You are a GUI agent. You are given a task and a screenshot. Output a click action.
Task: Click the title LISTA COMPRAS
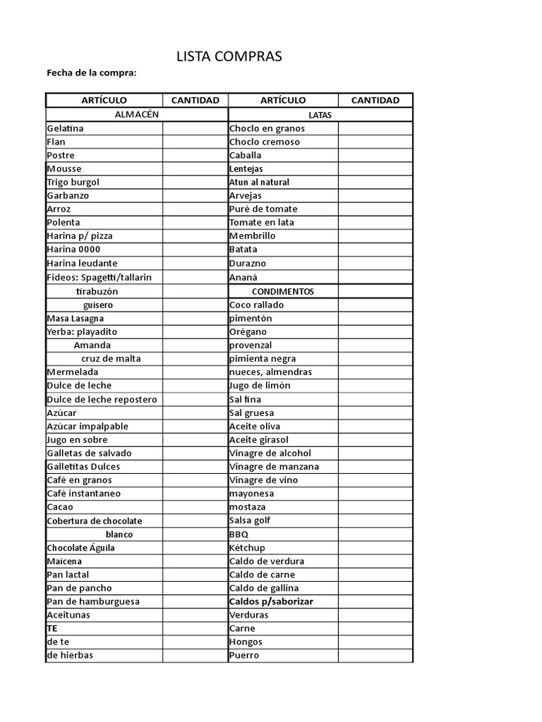coord(229,57)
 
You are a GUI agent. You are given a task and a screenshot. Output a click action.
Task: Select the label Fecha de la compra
coord(91,73)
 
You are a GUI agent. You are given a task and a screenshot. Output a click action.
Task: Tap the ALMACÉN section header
coord(137,114)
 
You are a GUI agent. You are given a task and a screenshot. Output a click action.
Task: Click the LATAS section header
coord(320,115)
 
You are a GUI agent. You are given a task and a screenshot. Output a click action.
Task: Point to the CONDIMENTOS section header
coord(283,291)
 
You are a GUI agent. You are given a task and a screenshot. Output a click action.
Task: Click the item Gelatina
coord(65,128)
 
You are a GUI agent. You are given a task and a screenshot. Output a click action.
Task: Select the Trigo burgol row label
coord(73,182)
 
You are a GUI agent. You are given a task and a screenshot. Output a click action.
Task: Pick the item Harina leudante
coord(82,263)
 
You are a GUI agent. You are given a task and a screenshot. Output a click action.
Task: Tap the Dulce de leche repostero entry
coord(102,399)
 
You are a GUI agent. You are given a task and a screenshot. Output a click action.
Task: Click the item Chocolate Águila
coord(80,548)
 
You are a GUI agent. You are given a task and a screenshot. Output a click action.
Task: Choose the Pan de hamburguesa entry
coord(93,601)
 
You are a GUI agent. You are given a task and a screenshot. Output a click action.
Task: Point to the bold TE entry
coord(52,628)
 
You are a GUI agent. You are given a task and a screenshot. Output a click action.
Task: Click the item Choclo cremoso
coord(265,142)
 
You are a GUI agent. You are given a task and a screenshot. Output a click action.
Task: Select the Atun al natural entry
coord(259,182)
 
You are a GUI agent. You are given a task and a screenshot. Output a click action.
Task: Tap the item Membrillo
coord(252,235)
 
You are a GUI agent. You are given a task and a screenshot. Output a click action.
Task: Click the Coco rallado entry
coord(257,305)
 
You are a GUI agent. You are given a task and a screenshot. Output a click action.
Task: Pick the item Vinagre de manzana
coord(274,467)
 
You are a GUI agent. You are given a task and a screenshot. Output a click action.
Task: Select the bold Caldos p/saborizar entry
coord(271,601)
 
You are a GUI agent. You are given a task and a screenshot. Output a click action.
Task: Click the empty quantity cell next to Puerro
coord(375,655)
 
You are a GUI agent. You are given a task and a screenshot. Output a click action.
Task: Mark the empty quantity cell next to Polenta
coord(194,222)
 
